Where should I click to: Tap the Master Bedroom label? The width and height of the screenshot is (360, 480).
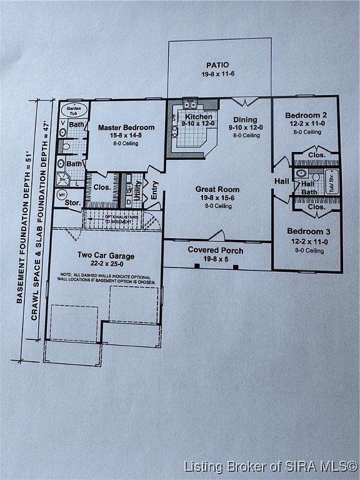coord(126,127)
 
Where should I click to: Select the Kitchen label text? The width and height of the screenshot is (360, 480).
coord(198,116)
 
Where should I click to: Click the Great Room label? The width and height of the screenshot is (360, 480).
coord(217,189)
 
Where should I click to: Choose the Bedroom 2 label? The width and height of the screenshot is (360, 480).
coord(306,115)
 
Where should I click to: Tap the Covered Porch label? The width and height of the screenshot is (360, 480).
coord(216,251)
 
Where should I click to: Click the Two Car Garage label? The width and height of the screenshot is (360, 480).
coord(106,255)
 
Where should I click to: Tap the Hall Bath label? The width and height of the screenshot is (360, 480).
coord(308,188)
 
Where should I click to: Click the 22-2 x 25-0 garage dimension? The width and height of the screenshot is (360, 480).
coord(106,263)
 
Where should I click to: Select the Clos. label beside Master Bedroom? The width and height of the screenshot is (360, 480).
coord(102,187)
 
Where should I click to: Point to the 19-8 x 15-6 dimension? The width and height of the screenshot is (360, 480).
coord(217,197)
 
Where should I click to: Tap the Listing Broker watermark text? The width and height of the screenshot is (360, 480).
coord(270,466)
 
